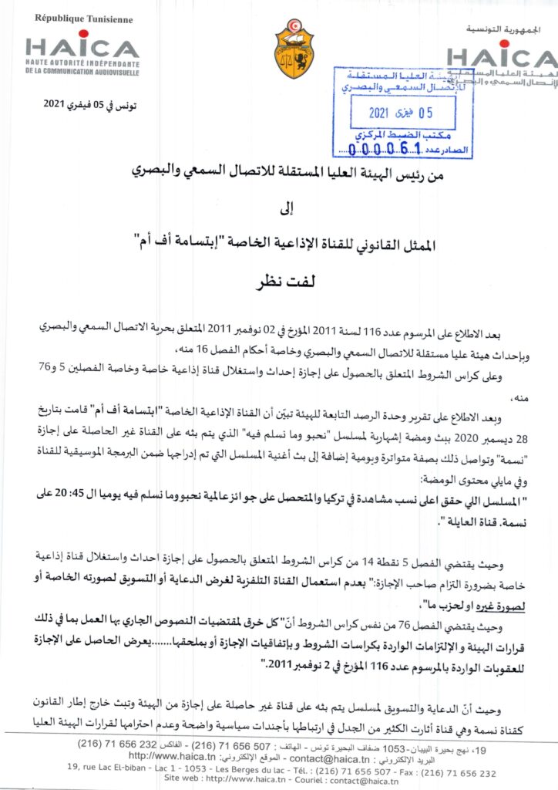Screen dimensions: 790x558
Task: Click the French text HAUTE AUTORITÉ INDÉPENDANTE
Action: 82,62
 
